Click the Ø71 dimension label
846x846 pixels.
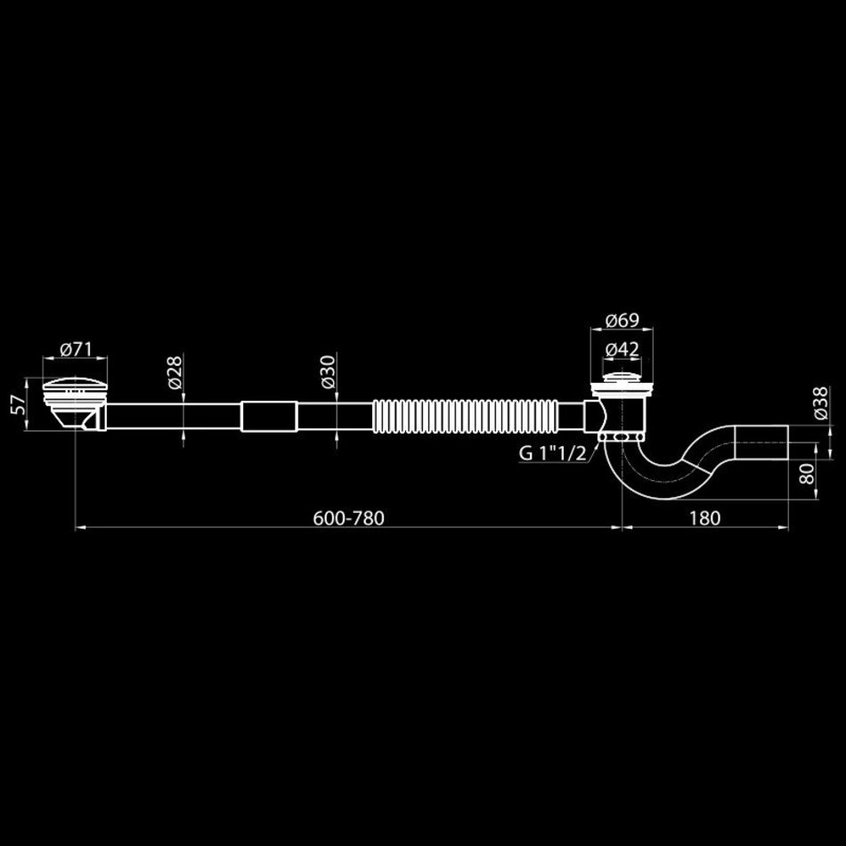pos(76,350)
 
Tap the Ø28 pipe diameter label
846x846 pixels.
pos(175,372)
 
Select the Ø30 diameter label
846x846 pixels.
pos(328,372)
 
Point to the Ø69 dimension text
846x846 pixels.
pos(622,321)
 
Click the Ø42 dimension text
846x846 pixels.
pos(622,350)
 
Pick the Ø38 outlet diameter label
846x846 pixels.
pos(820,403)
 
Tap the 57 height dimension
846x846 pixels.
pos(19,404)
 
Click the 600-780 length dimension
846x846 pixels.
pos(348,518)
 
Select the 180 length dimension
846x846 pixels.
pos(704,518)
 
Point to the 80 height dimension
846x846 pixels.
pos(807,474)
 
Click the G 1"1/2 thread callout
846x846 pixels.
pos(552,454)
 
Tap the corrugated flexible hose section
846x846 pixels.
pos(466,416)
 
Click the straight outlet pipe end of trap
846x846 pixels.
pos(761,442)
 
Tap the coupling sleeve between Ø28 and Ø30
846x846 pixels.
pos(269,417)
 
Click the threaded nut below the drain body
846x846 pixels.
pos(621,436)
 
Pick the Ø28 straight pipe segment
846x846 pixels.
pos(174,417)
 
